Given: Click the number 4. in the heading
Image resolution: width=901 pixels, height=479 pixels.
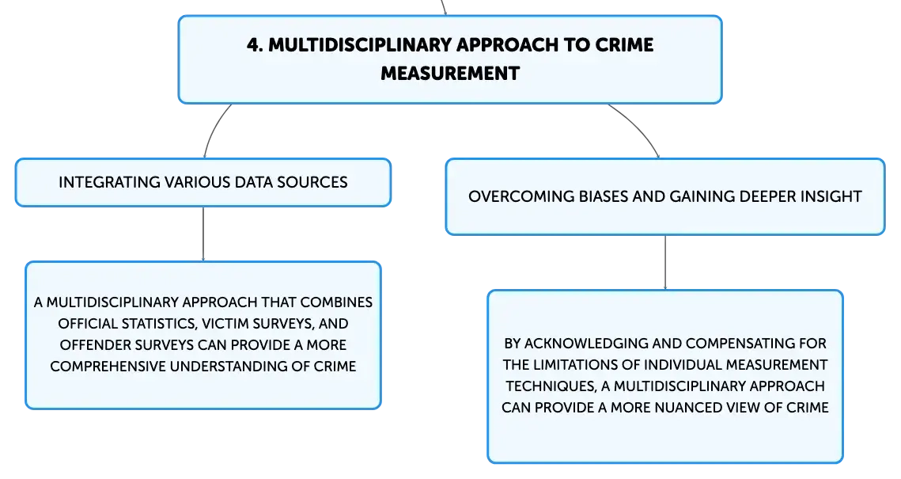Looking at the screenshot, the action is [255, 45].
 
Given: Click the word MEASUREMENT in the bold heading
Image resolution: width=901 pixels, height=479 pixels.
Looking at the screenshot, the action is [450, 74].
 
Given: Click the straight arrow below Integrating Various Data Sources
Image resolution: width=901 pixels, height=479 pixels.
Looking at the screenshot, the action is [203, 234].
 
